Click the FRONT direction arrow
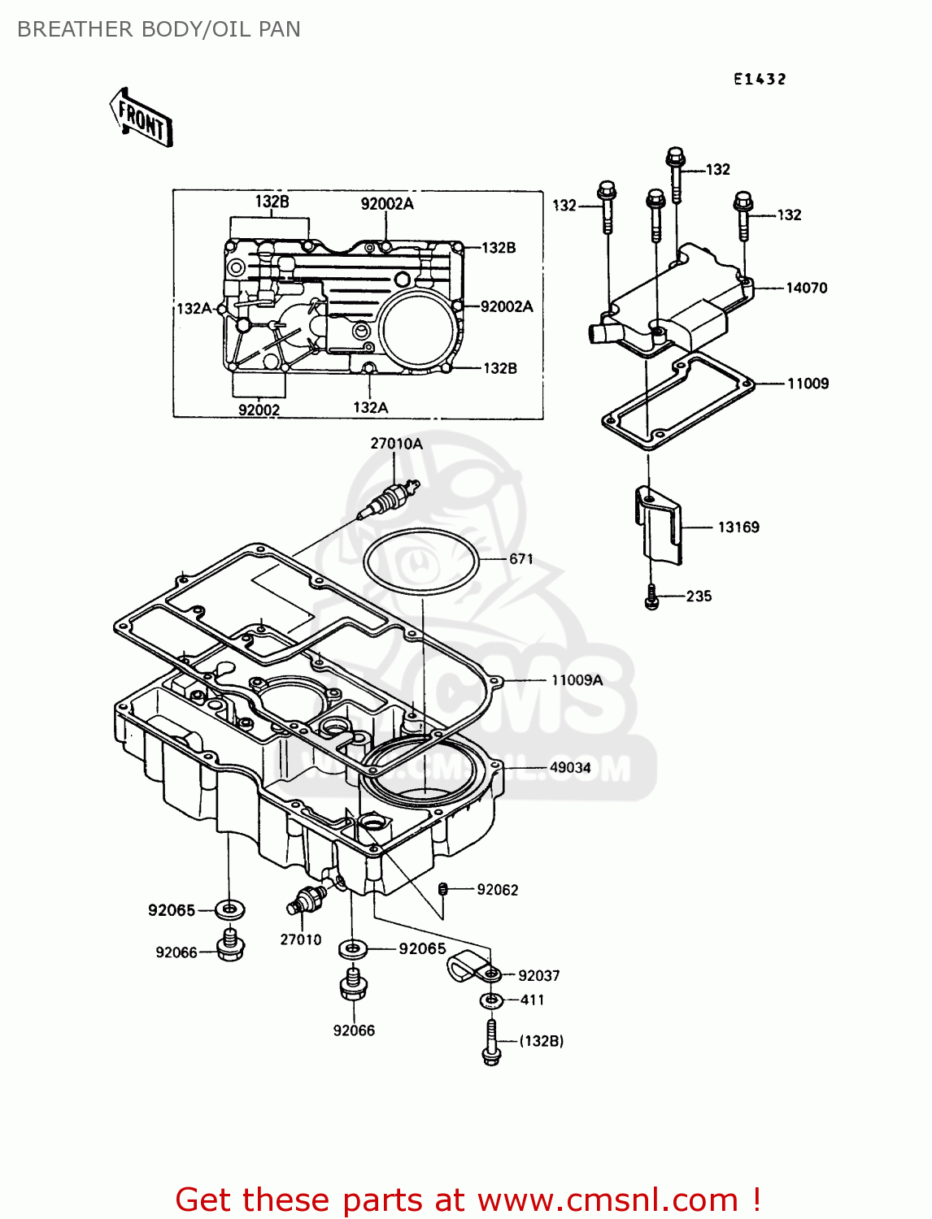coord(141,119)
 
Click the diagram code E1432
coord(760,79)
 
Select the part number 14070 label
coord(806,288)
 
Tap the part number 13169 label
coord(738,527)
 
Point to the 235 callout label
coord(699,596)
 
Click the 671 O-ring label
coord(521,559)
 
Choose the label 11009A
coord(577,680)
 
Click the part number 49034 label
coord(570,767)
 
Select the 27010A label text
coord(396,444)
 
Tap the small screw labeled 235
coord(651,597)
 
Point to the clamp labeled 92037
coord(469,966)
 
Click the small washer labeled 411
coord(491,1000)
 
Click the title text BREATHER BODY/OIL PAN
coord(159,29)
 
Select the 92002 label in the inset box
coord(259,410)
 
